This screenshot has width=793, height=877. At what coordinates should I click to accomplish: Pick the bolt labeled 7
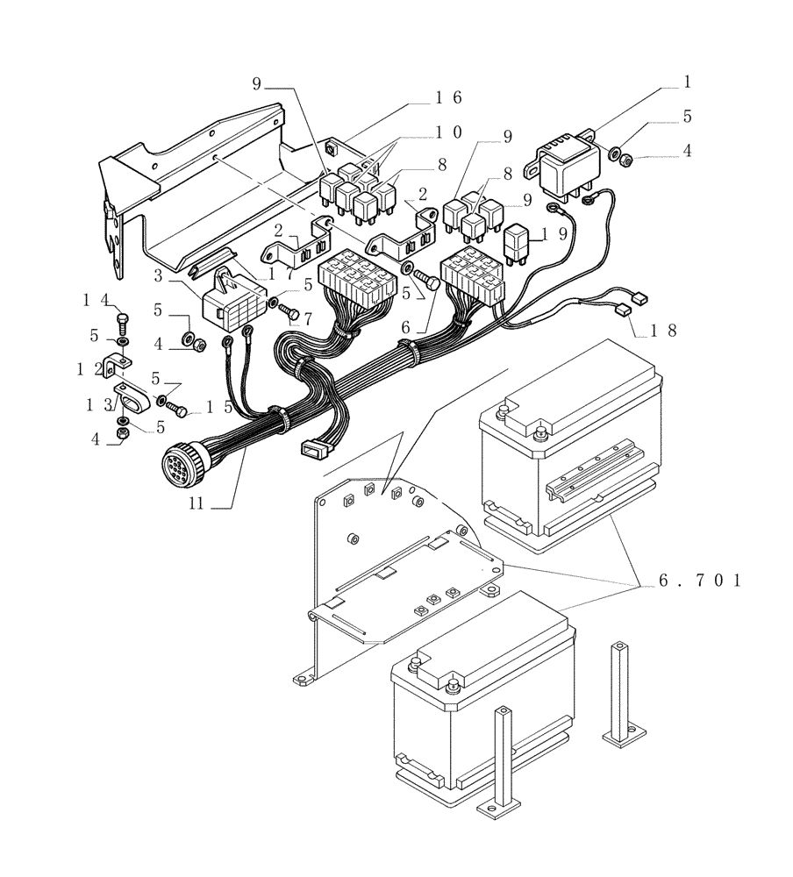293,312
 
